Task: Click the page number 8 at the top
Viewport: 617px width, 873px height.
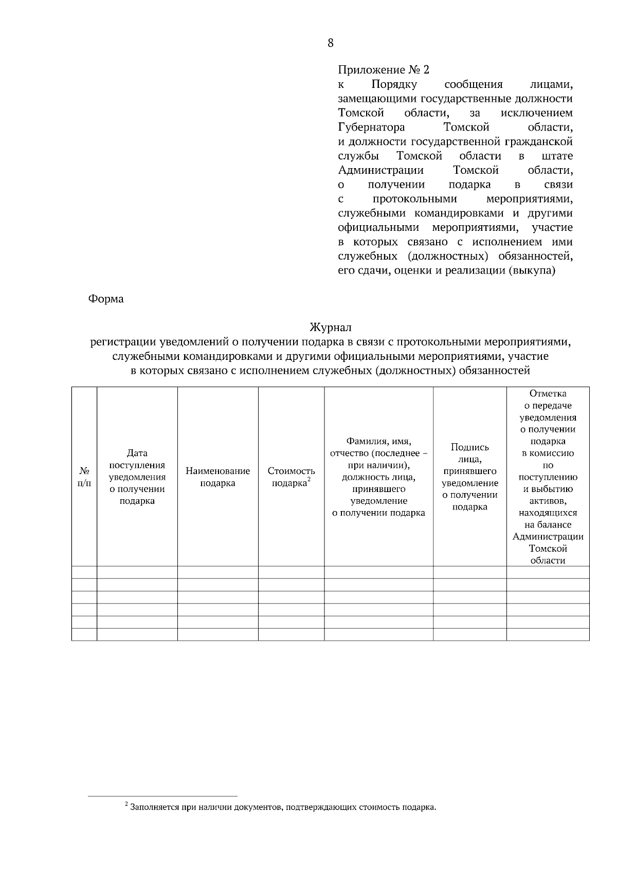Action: pyautogui.click(x=330, y=43)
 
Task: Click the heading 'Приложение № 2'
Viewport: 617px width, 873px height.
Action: pyautogui.click(x=383, y=70)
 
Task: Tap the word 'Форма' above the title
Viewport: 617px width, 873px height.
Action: pyautogui.click(x=106, y=299)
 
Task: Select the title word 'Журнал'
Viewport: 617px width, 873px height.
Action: pyautogui.click(x=330, y=327)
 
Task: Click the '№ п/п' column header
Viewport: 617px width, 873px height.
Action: pyautogui.click(x=84, y=477)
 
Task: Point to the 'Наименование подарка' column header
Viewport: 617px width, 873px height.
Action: pyautogui.click(x=217, y=477)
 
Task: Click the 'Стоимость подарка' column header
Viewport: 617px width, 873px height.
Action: pyautogui.click(x=291, y=477)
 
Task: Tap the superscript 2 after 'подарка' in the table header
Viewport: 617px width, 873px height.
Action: pyautogui.click(x=308, y=479)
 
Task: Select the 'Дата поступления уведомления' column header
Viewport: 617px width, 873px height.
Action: pyautogui.click(x=137, y=477)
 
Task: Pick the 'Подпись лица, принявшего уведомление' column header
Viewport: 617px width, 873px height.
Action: pyautogui.click(x=469, y=477)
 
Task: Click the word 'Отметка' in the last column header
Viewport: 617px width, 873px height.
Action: pyautogui.click(x=548, y=394)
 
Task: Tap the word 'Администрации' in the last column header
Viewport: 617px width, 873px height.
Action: pyautogui.click(x=548, y=537)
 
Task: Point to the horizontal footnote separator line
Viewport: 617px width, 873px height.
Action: pyautogui.click(x=162, y=796)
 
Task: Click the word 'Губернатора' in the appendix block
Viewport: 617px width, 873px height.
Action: pyautogui.click(x=371, y=127)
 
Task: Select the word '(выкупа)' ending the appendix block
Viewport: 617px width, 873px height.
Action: pyautogui.click(x=532, y=270)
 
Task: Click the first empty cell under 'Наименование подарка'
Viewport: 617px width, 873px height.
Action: pyautogui.click(x=217, y=572)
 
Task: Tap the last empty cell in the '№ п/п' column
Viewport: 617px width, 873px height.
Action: pyautogui.click(x=84, y=634)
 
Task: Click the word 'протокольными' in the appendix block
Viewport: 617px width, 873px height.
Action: pyautogui.click(x=414, y=199)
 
